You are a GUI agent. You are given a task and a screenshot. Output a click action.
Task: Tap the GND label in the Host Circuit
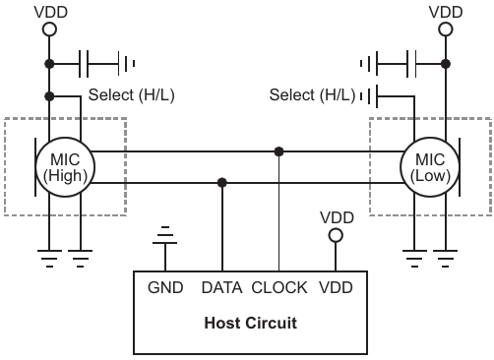click(x=165, y=287)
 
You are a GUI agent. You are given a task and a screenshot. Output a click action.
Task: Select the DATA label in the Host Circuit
click(x=221, y=287)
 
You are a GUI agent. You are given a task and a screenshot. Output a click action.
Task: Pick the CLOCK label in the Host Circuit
click(x=279, y=287)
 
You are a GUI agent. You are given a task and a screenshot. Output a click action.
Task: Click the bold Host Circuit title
click(x=251, y=323)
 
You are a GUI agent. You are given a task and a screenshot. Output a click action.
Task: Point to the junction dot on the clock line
click(x=278, y=151)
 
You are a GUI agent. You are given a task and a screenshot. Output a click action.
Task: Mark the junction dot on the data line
click(x=222, y=183)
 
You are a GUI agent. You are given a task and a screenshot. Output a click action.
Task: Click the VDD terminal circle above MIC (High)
click(x=49, y=30)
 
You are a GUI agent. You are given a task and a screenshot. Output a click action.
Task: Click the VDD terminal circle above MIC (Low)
click(x=446, y=30)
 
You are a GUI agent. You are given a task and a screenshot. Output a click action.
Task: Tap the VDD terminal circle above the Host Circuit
click(x=336, y=235)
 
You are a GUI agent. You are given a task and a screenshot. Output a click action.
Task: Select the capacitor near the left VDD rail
click(x=84, y=64)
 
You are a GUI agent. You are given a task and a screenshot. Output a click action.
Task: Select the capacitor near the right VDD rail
click(x=411, y=64)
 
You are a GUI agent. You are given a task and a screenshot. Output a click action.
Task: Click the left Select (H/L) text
click(x=132, y=95)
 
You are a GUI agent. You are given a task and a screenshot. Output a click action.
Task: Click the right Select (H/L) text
click(x=312, y=95)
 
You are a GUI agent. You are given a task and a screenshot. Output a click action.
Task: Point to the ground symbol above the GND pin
click(x=165, y=235)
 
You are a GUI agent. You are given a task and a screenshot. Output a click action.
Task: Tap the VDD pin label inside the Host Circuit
click(x=336, y=287)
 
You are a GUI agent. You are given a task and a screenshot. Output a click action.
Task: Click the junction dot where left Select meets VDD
click(x=49, y=96)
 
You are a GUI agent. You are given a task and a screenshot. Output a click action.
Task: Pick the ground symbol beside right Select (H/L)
click(x=369, y=96)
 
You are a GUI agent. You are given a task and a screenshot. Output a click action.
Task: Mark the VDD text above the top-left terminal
click(x=51, y=12)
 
